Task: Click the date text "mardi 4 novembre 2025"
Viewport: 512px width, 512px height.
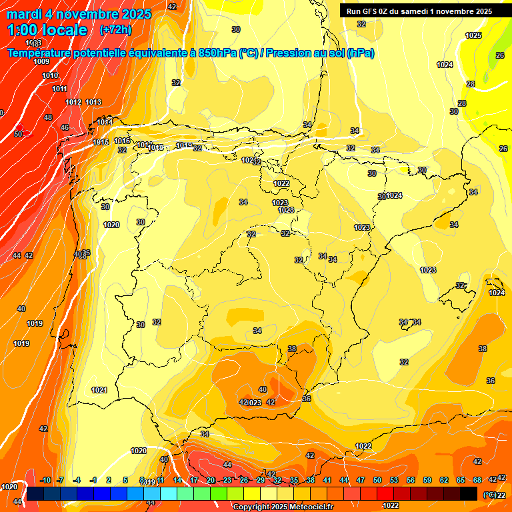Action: click(79, 14)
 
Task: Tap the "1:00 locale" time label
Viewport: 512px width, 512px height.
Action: click(47, 30)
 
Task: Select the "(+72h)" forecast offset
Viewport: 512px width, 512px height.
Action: click(115, 30)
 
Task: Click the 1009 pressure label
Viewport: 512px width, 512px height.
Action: click(41, 61)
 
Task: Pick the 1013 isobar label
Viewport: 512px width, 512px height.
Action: click(93, 102)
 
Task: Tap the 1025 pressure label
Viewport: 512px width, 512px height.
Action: click(473, 35)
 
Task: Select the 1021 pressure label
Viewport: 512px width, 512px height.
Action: click(99, 390)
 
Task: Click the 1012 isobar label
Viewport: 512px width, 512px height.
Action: click(73, 102)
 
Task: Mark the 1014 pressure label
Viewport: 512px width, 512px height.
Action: click(105, 123)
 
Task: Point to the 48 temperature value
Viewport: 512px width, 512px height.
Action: click(48, 117)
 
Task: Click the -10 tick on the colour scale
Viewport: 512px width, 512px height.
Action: click(45, 481)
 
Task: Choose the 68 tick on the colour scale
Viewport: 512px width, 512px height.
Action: click(477, 481)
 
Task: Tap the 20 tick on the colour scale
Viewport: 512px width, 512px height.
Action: click(211, 481)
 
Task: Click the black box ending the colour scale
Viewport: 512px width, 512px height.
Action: click(469, 493)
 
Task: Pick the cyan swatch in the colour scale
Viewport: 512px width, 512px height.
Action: click(168, 493)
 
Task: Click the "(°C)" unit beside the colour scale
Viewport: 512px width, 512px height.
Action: click(489, 495)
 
